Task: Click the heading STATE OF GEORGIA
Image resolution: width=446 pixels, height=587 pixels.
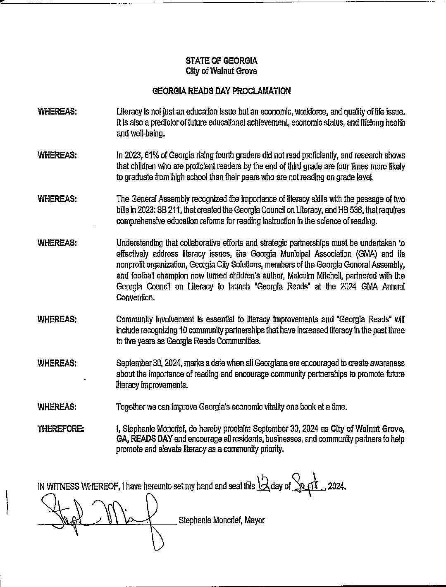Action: tap(221, 61)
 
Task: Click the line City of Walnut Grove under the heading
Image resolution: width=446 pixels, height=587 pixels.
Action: tap(221, 71)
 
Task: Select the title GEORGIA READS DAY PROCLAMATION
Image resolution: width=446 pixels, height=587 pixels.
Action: tap(221, 91)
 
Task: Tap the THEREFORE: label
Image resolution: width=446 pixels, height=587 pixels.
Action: tap(61, 429)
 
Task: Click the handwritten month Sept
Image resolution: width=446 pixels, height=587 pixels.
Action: tap(307, 482)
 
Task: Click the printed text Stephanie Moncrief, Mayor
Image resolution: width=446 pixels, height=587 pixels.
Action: tap(221, 520)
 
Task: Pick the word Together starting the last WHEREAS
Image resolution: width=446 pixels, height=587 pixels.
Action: tap(131, 407)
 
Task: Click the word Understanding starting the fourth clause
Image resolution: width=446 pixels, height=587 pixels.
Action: tap(139, 243)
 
